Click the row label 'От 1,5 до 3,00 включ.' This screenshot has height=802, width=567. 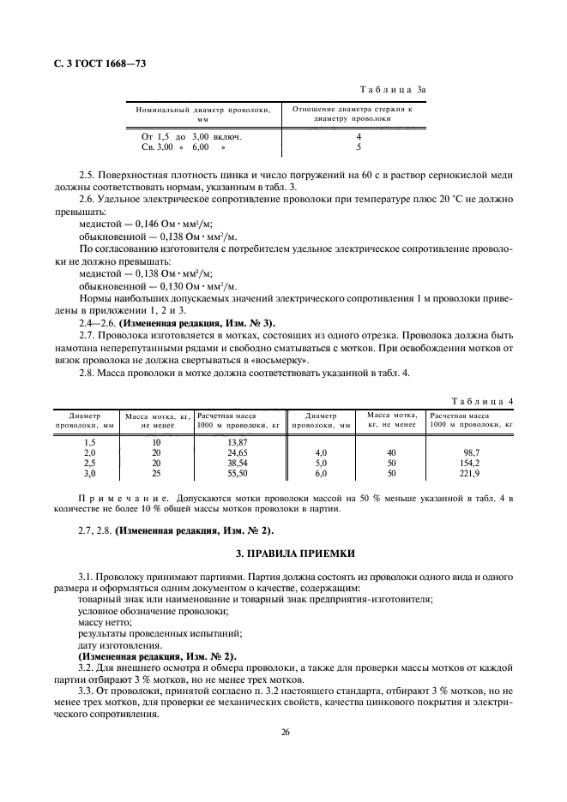pyautogui.click(x=190, y=136)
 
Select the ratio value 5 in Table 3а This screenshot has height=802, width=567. pyautogui.click(x=359, y=147)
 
